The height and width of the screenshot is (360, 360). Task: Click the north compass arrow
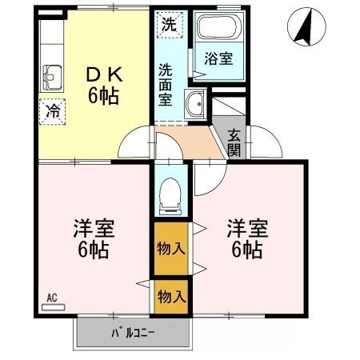[301, 29]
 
